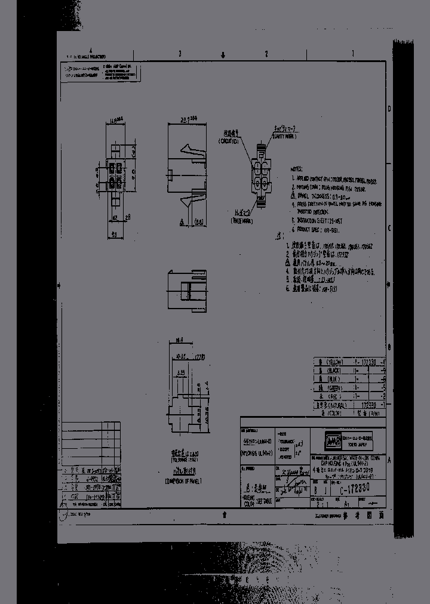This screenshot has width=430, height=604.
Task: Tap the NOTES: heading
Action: (x=297, y=170)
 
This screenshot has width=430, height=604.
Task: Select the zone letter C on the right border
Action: (x=389, y=228)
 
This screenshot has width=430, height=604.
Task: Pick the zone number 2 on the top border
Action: (x=266, y=53)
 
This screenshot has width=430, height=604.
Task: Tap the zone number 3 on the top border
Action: (x=180, y=53)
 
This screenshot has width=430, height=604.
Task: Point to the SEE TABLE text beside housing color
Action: (x=263, y=484)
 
